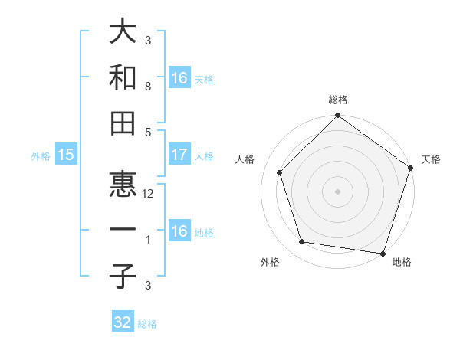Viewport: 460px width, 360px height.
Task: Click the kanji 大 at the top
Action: (123, 33)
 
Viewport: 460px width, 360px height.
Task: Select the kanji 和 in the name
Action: (123, 78)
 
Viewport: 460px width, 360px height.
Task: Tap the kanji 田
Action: (123, 123)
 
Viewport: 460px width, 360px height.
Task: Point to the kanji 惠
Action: (123, 184)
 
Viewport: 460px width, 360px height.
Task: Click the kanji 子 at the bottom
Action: (123, 277)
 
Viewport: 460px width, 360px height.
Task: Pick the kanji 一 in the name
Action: (123, 231)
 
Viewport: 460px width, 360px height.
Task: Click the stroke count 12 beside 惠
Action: (148, 194)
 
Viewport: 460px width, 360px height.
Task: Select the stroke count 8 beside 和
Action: (148, 87)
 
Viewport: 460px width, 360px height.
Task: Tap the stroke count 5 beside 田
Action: (148, 132)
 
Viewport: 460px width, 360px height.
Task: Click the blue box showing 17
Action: (179, 155)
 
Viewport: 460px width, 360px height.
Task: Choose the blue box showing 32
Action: (123, 322)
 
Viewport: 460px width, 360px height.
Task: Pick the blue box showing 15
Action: (65, 155)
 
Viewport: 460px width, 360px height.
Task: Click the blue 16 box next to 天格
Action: (179, 77)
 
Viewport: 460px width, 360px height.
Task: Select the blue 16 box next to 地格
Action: (179, 231)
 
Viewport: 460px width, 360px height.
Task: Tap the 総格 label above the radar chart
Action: (337, 100)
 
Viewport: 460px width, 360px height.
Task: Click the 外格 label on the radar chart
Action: (270, 262)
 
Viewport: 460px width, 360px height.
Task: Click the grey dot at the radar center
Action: (337, 191)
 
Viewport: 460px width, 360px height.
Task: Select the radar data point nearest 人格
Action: (280, 172)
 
